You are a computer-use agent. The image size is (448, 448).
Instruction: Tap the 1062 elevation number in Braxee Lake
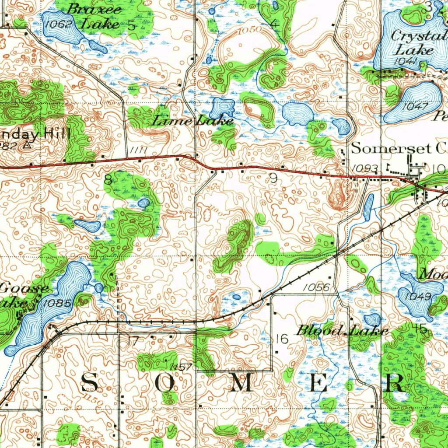(x=58, y=24)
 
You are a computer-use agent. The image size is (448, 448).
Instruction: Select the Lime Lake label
(x=192, y=121)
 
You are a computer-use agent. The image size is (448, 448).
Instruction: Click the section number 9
(x=273, y=178)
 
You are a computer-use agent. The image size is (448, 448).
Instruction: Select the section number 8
(x=108, y=179)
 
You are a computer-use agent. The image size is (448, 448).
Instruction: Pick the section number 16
(x=282, y=339)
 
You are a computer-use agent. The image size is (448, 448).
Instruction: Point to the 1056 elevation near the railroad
(x=315, y=287)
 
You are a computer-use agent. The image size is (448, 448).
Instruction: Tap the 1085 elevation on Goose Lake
(x=57, y=302)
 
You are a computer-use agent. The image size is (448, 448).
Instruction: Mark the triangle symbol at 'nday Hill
(x=28, y=146)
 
